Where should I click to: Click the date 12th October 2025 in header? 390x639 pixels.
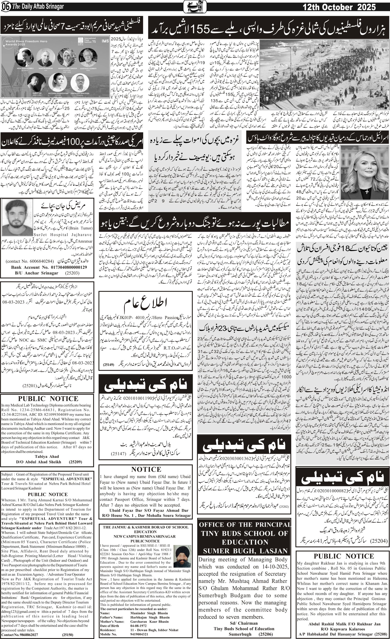(339, 7)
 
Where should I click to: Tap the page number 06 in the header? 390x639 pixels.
(5, 7)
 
